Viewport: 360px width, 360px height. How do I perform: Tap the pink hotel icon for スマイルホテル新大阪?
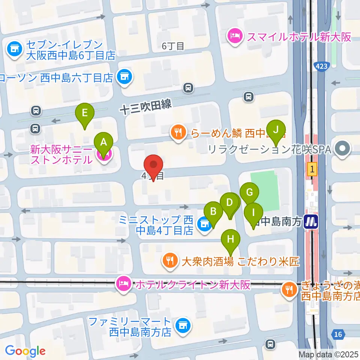coord(235,37)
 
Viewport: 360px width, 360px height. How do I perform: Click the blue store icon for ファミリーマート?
coord(183,325)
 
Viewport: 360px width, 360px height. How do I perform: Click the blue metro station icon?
coord(311,222)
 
